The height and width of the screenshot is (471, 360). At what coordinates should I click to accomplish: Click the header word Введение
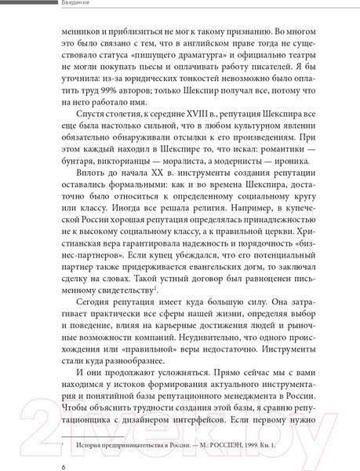[x=74, y=4]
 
